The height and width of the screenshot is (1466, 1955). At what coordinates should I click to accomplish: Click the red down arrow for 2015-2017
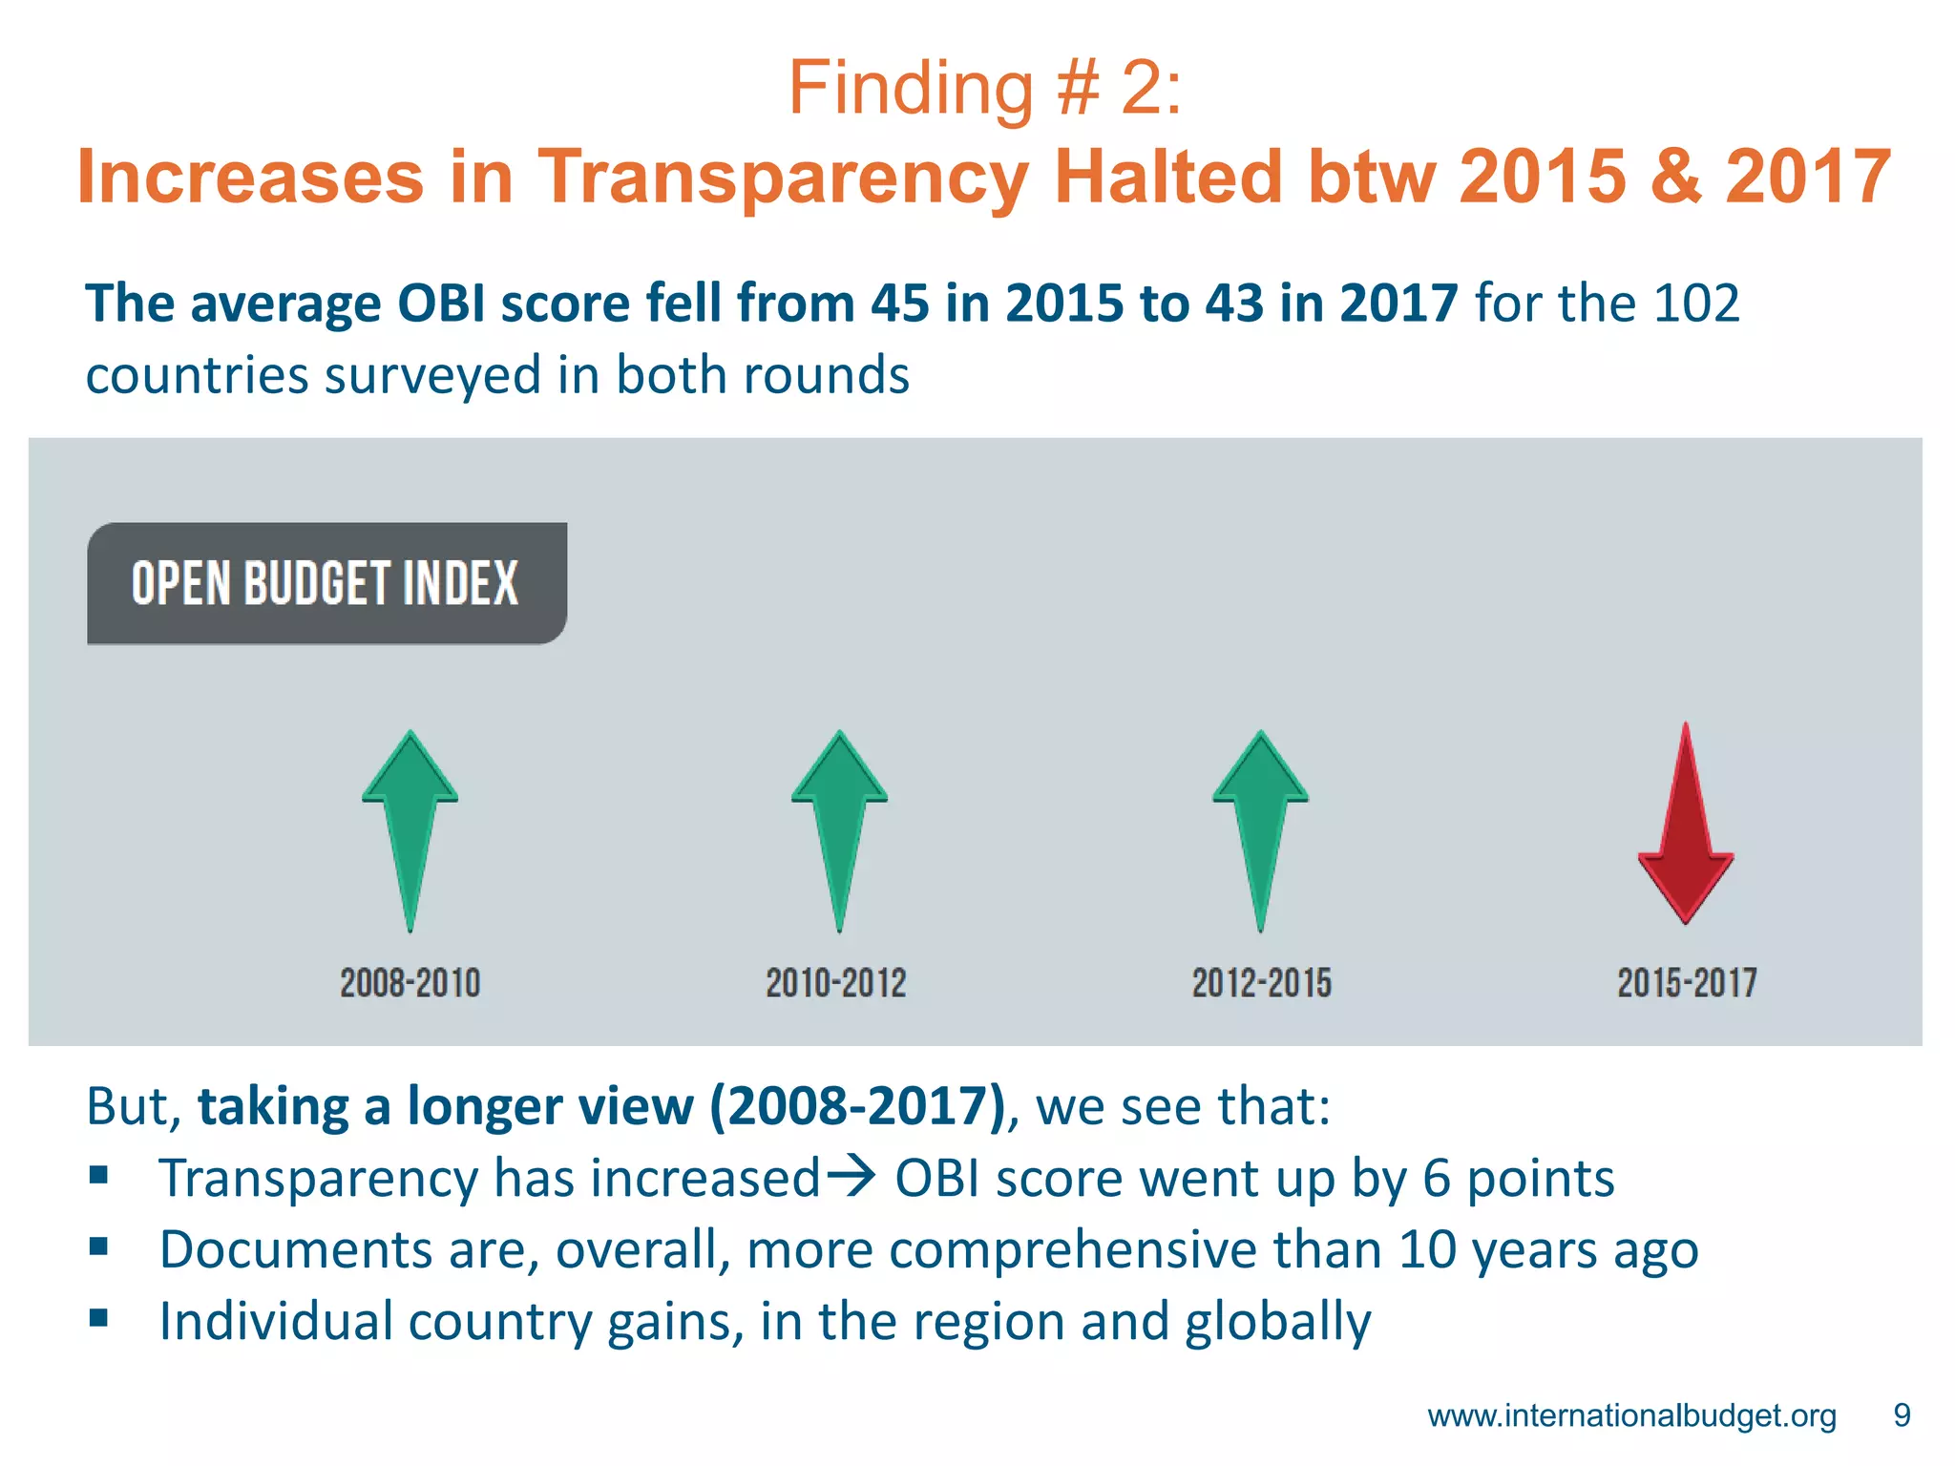1686,830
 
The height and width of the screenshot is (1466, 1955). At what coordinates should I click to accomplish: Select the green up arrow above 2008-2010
410,821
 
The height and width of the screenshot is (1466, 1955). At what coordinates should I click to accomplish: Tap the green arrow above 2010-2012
839,821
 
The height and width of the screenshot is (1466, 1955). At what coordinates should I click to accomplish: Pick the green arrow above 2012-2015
1260,821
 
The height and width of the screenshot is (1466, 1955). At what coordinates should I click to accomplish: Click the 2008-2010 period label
410,983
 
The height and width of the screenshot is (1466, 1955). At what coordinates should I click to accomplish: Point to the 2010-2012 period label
836,983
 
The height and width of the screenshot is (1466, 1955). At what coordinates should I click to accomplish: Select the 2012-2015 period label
1261,983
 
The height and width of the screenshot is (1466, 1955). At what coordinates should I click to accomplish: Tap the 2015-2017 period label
1687,983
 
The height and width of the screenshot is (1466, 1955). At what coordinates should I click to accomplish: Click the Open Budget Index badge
326,583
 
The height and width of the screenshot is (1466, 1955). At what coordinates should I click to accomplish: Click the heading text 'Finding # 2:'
984,89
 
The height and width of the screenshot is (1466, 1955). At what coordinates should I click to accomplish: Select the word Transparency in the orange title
783,178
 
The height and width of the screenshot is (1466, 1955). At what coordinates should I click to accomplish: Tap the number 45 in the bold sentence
899,304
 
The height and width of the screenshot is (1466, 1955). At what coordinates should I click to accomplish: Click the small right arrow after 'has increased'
851,1176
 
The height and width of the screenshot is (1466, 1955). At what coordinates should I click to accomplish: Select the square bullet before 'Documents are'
99,1246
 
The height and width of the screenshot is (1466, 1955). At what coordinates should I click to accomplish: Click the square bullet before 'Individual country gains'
99,1318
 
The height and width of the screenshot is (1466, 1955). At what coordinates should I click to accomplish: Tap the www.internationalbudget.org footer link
1631,1415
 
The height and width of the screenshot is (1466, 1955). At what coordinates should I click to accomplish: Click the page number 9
1902,1415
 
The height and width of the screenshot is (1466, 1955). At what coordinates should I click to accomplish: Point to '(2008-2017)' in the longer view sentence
857,1107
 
